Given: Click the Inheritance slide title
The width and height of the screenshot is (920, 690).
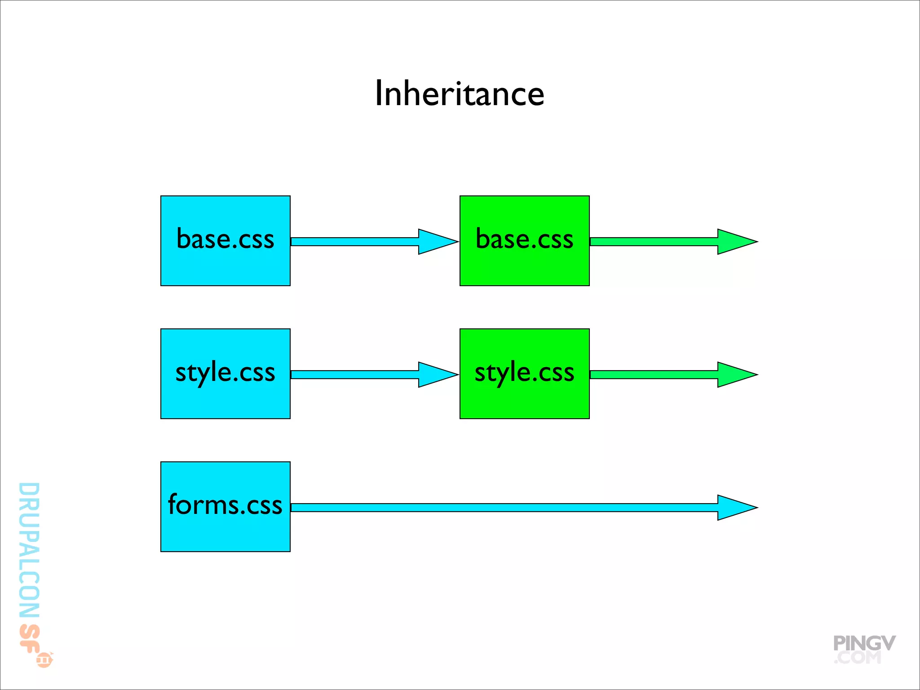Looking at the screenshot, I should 459,93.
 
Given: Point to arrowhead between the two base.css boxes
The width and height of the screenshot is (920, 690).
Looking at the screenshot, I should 435,242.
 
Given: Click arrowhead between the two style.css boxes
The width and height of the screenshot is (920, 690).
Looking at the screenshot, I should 435,375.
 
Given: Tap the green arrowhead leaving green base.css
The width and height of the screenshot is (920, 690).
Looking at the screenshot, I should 734,242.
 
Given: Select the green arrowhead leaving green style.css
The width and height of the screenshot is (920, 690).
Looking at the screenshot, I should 734,375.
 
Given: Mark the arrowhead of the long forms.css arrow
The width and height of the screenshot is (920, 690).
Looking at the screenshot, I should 734,508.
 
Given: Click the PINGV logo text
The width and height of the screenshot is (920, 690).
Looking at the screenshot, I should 864,643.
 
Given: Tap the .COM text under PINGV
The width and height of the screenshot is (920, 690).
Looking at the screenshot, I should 858,658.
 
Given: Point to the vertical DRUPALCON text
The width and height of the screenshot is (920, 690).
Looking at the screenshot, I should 29,550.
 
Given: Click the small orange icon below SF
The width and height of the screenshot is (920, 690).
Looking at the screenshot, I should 44,660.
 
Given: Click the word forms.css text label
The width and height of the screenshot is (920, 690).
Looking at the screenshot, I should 225,504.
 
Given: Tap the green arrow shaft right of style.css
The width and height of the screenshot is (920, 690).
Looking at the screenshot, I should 654,375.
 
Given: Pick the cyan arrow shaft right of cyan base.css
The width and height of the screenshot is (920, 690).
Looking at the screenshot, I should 355,242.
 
